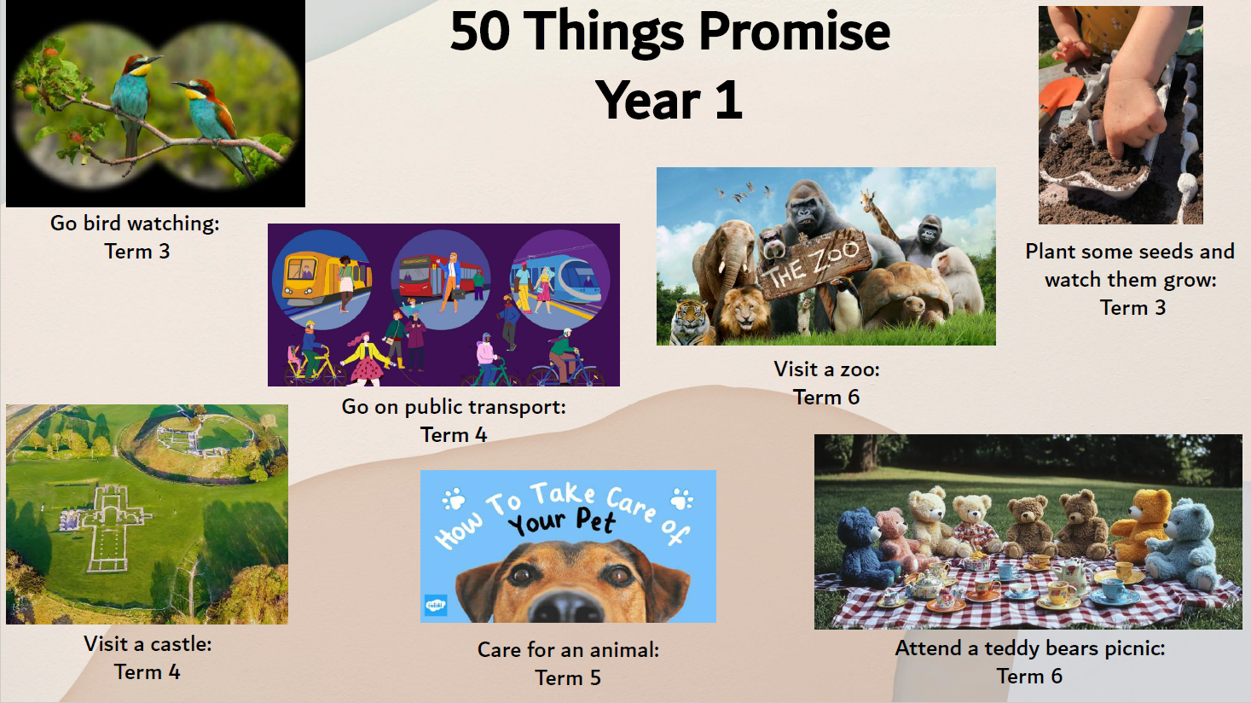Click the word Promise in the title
(x=794, y=32)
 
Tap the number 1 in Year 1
(x=728, y=101)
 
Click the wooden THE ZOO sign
(x=814, y=264)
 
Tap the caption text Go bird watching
(x=135, y=224)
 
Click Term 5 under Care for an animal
(x=568, y=678)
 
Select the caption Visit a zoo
(x=826, y=369)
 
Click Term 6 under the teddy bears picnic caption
(x=1029, y=677)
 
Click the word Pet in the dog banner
(x=595, y=520)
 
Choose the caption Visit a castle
(x=148, y=644)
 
